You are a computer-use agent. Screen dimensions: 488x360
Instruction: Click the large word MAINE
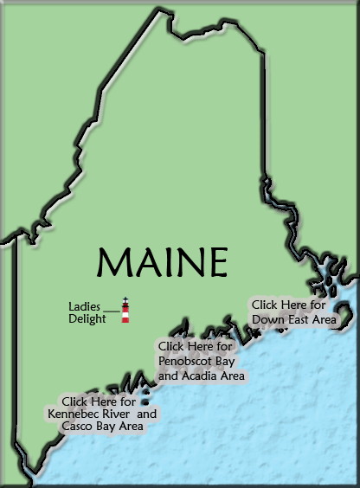point(163,261)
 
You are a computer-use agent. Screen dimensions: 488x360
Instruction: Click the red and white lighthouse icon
point(125,311)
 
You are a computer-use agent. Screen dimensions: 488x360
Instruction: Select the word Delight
point(87,318)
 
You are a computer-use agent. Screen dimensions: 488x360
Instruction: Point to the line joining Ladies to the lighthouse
point(111,309)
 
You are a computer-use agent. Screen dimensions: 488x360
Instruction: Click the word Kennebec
point(75,414)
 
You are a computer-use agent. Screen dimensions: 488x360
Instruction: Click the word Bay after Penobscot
point(229,361)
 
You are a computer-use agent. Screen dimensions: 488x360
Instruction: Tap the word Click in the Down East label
point(265,305)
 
